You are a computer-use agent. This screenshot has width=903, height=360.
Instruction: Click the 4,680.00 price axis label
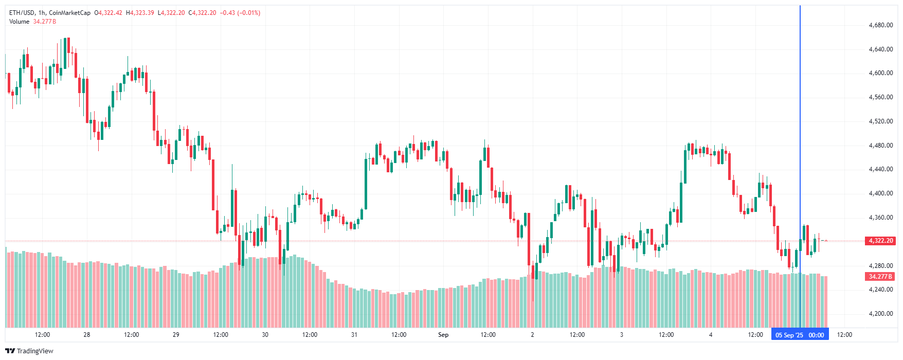880,25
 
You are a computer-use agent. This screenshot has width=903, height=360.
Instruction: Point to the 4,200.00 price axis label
880,314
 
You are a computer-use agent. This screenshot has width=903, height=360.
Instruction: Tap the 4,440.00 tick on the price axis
880,169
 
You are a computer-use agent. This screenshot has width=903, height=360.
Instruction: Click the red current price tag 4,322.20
880,241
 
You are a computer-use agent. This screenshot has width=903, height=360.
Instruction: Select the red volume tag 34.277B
880,277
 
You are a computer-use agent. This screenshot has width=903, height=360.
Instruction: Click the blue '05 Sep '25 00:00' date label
800,335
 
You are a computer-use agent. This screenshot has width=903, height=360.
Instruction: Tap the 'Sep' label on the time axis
443,335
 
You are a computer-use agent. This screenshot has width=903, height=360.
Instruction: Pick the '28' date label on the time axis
87,335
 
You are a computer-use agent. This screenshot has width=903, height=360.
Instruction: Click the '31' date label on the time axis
354,335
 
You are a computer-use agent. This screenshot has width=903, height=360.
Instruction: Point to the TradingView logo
29,351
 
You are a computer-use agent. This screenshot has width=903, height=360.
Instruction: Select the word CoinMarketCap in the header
69,13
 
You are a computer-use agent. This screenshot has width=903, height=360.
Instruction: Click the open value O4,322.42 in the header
108,13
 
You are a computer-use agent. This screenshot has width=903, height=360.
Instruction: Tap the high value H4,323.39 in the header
140,13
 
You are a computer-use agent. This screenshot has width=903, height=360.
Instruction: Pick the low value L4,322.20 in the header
171,13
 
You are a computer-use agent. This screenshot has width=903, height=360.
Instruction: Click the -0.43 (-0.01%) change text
240,13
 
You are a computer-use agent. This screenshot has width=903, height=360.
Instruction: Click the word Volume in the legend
19,22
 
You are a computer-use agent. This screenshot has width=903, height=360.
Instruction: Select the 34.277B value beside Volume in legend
45,22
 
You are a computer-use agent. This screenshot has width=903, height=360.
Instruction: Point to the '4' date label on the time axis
711,335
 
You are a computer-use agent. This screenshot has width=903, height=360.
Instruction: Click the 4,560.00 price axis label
880,97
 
